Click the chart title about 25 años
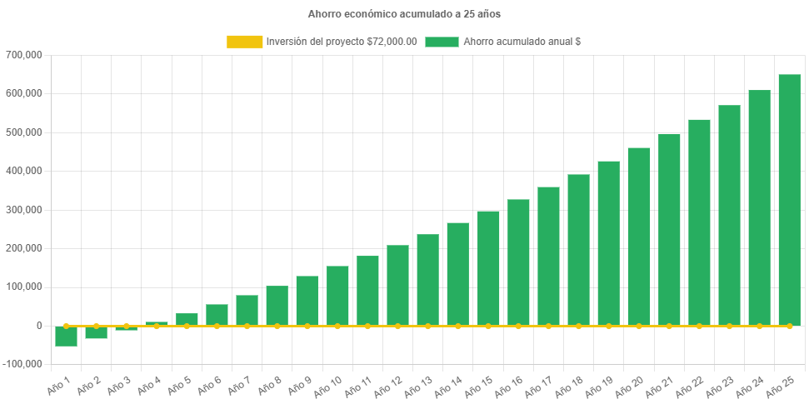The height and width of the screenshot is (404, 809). click(404, 14)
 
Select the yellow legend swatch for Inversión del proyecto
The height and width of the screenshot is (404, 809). click(244, 42)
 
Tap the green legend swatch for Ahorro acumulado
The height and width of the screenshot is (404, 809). click(442, 42)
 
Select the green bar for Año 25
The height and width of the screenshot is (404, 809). click(789, 200)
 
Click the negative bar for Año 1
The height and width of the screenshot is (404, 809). click(67, 336)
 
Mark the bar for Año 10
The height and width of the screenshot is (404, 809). click(337, 296)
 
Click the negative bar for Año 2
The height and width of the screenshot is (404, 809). click(97, 332)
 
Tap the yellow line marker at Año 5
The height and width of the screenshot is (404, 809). click(187, 326)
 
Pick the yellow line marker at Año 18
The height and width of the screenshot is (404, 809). click(578, 326)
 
